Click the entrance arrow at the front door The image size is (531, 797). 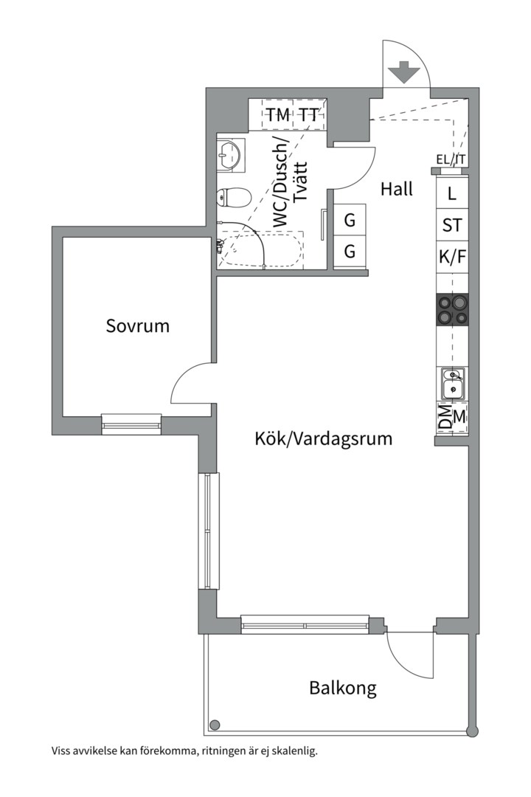pos(403,74)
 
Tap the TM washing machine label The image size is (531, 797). pos(278,115)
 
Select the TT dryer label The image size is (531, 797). pos(309,115)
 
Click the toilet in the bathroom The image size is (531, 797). pos(234,197)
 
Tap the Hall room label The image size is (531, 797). pos(397,189)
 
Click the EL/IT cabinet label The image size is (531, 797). pos(451,159)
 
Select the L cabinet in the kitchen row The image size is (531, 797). pos(452,195)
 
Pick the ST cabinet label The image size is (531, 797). pos(452,226)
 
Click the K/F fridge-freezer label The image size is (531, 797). pos(452,258)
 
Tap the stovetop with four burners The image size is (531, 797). pos(452,309)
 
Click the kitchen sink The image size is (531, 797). pos(452,384)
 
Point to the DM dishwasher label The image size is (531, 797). pos(444,417)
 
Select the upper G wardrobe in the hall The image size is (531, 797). pos(350,220)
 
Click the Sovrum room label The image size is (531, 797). pos(138,325)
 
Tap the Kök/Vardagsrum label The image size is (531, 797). pos(323,439)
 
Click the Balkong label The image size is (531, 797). pos(342,689)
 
